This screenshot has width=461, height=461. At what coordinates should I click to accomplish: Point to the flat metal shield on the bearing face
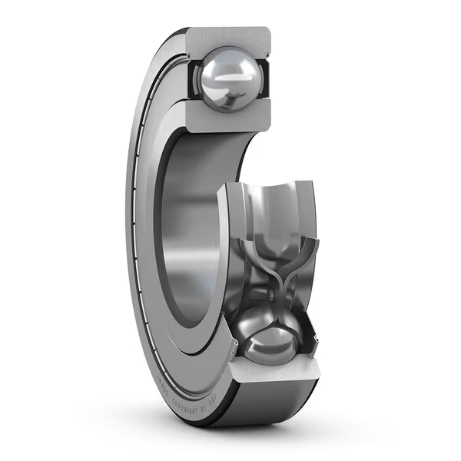[146, 230]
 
